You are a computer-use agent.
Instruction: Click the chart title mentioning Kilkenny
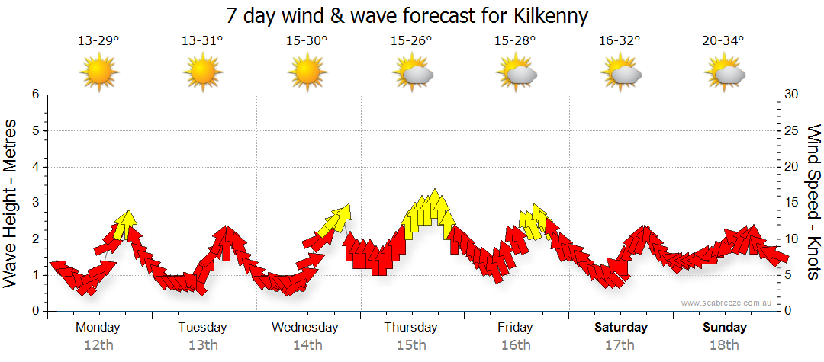pos(407,16)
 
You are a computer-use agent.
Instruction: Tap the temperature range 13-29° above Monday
pos(98,41)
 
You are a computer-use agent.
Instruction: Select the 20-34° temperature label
pos(723,41)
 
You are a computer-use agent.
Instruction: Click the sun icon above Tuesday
pos(203,73)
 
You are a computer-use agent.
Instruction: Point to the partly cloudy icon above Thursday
pos(412,73)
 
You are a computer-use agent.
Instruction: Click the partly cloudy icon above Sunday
pos(724,73)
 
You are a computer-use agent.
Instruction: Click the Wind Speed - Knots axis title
pos(813,202)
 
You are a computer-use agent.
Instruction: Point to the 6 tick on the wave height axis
pos(34,95)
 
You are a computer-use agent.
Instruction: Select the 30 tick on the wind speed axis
pos(792,95)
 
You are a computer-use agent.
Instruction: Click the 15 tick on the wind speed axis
pos(792,203)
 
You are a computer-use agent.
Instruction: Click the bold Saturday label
pos(620,328)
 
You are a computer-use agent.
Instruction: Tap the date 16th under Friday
pos(516,344)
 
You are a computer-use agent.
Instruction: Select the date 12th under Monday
pos(98,344)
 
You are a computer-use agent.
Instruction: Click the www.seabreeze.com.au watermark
pos(727,303)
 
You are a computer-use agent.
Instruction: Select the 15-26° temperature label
pos(411,41)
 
